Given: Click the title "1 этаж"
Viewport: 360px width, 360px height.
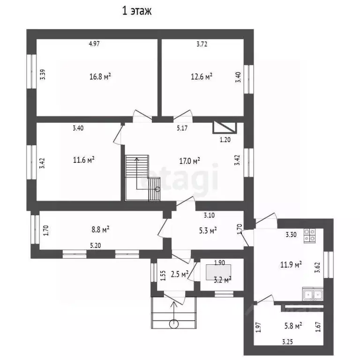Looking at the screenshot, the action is (137, 11).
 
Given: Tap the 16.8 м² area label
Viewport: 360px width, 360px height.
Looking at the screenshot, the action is (100, 76).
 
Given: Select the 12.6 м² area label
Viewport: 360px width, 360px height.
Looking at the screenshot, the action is (202, 76).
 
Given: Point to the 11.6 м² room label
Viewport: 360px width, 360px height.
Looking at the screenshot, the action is (83, 159).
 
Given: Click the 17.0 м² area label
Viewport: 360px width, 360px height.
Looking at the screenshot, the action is (189, 161).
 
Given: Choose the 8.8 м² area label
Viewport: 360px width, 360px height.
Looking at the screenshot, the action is (100, 229).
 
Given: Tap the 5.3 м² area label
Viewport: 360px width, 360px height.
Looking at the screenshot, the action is (208, 230).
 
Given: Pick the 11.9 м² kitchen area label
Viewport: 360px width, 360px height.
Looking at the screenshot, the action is (291, 265).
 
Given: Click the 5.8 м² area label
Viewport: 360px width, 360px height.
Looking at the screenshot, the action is (293, 326).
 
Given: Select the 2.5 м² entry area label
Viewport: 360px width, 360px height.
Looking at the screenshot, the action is (180, 274).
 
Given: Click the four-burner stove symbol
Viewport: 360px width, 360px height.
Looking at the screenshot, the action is (309, 236).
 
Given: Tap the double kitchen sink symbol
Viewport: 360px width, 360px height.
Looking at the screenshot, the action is (313, 294).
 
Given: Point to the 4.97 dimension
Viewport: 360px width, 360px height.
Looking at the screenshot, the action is (94, 44).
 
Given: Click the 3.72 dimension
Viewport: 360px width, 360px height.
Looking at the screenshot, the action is (202, 44).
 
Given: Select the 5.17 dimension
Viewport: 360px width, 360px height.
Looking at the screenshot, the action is (182, 128).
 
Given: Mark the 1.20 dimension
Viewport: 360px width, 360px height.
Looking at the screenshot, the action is (225, 140).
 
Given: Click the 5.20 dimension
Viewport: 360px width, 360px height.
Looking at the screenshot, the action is (95, 246).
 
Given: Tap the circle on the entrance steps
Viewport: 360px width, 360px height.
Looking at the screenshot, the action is (173, 324).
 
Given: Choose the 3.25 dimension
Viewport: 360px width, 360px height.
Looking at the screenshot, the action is (287, 342).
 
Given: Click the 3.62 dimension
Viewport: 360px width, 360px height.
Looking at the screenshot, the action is (317, 268).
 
